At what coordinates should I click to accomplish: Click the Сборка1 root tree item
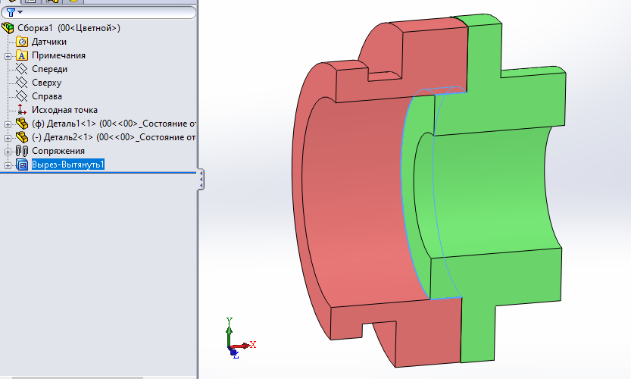click(69, 28)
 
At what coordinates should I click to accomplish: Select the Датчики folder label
click(49, 42)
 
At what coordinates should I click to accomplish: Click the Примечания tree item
click(58, 55)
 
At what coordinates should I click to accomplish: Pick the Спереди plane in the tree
click(49, 69)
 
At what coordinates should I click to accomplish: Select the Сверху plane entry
click(47, 83)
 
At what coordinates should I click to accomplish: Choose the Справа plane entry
click(47, 96)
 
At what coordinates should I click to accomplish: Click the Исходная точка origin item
click(64, 110)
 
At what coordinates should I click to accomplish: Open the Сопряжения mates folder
click(58, 151)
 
